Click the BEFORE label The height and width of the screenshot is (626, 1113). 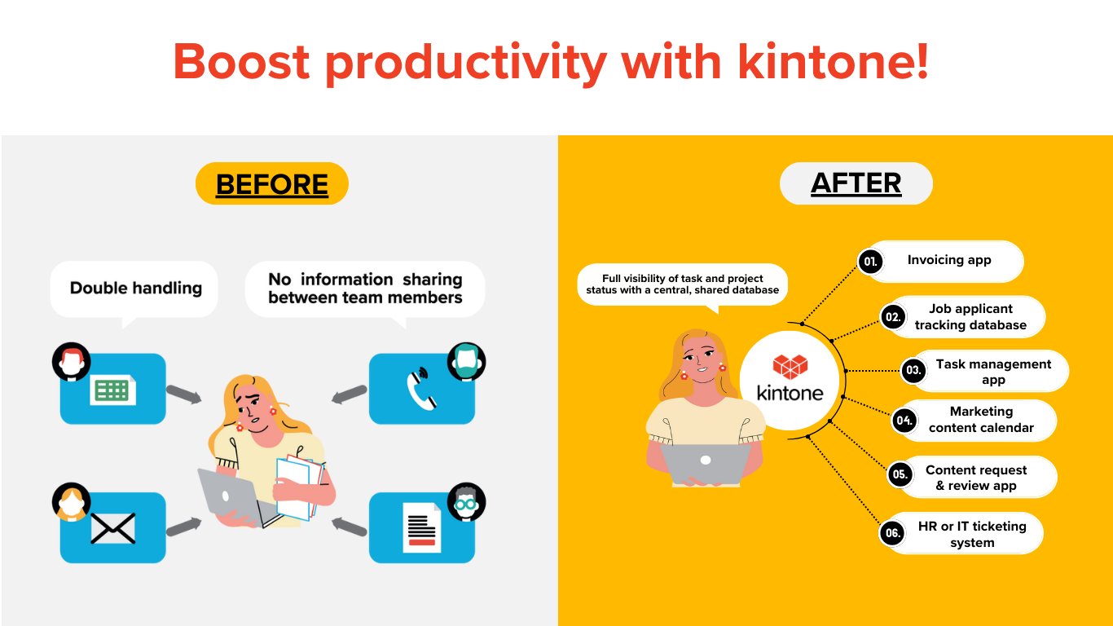pyautogui.click(x=272, y=184)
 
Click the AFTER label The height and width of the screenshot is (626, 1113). pyautogui.click(x=856, y=183)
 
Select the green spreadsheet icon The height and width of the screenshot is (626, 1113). pyautogui.click(x=112, y=390)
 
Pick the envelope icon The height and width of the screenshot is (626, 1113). pyautogui.click(x=112, y=528)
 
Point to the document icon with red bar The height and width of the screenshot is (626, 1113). pyautogui.click(x=422, y=527)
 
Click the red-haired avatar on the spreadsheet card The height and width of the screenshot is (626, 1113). pyautogui.click(x=72, y=361)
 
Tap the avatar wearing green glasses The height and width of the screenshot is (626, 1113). pyautogui.click(x=466, y=501)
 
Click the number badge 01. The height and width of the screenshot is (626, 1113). pyautogui.click(x=870, y=262)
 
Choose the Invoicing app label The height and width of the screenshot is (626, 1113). pyautogui.click(x=949, y=260)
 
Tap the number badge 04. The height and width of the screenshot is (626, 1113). pyautogui.click(x=904, y=421)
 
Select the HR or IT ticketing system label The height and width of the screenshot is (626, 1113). pyautogui.click(x=972, y=534)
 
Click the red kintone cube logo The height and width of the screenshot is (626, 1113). pyautogui.click(x=790, y=367)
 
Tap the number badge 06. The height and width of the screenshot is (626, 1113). pyautogui.click(x=892, y=534)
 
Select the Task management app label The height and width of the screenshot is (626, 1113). pyautogui.click(x=993, y=372)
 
